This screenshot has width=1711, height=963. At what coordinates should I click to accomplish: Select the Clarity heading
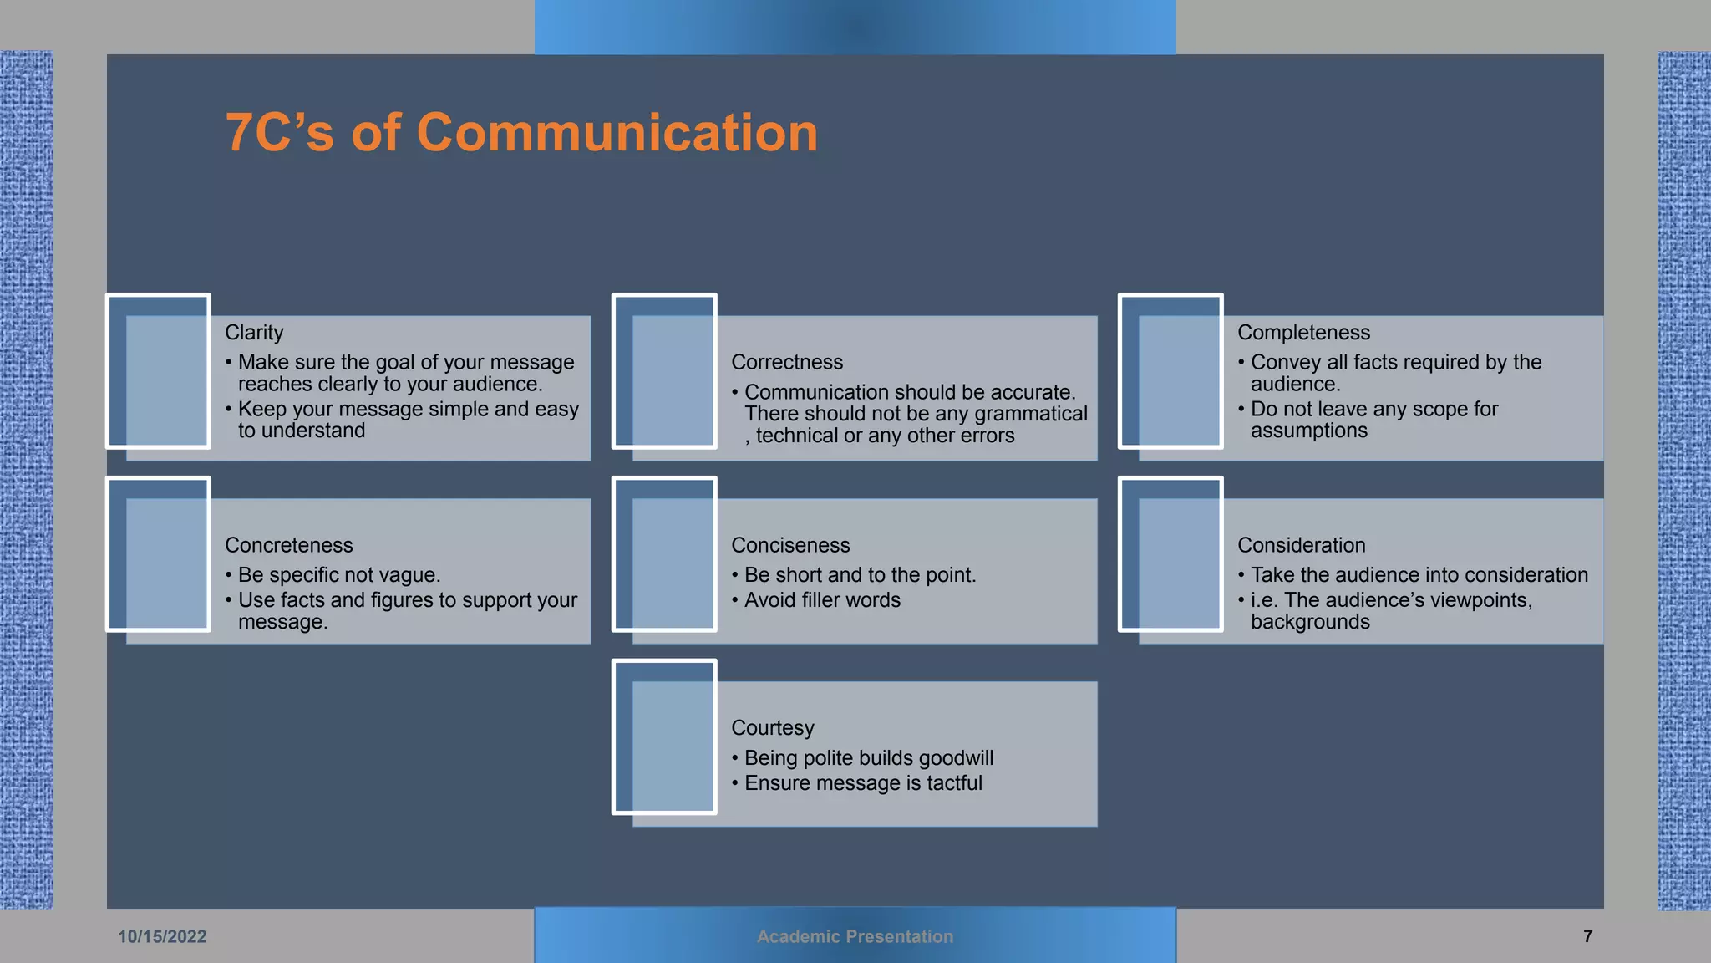point(254,333)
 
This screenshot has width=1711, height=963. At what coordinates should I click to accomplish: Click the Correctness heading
point(787,363)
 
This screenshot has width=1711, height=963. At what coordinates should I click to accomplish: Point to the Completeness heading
point(1303,333)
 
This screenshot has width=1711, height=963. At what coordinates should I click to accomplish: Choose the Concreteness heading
point(289,545)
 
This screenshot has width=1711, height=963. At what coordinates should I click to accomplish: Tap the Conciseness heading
point(790,545)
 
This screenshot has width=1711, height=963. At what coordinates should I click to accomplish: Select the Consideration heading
point(1301,545)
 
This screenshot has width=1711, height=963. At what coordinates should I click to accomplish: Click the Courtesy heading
point(772,728)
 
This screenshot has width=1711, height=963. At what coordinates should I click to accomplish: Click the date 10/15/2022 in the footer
point(162,936)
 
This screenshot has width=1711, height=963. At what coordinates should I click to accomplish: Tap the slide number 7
point(1587,936)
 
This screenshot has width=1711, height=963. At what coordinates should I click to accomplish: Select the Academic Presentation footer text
point(855,936)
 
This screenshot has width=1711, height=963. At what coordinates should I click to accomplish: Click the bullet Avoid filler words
point(822,600)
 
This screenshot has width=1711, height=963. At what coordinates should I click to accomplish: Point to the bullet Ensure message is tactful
point(863,783)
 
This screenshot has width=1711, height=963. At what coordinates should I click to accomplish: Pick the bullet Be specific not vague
point(339,575)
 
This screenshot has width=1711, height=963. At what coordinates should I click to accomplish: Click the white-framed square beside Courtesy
point(664,736)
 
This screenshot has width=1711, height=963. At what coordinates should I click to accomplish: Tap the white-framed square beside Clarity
point(158,370)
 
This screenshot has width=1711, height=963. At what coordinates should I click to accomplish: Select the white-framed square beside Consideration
point(1170,553)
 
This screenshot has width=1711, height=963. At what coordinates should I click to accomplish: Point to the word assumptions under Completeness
point(1308,431)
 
